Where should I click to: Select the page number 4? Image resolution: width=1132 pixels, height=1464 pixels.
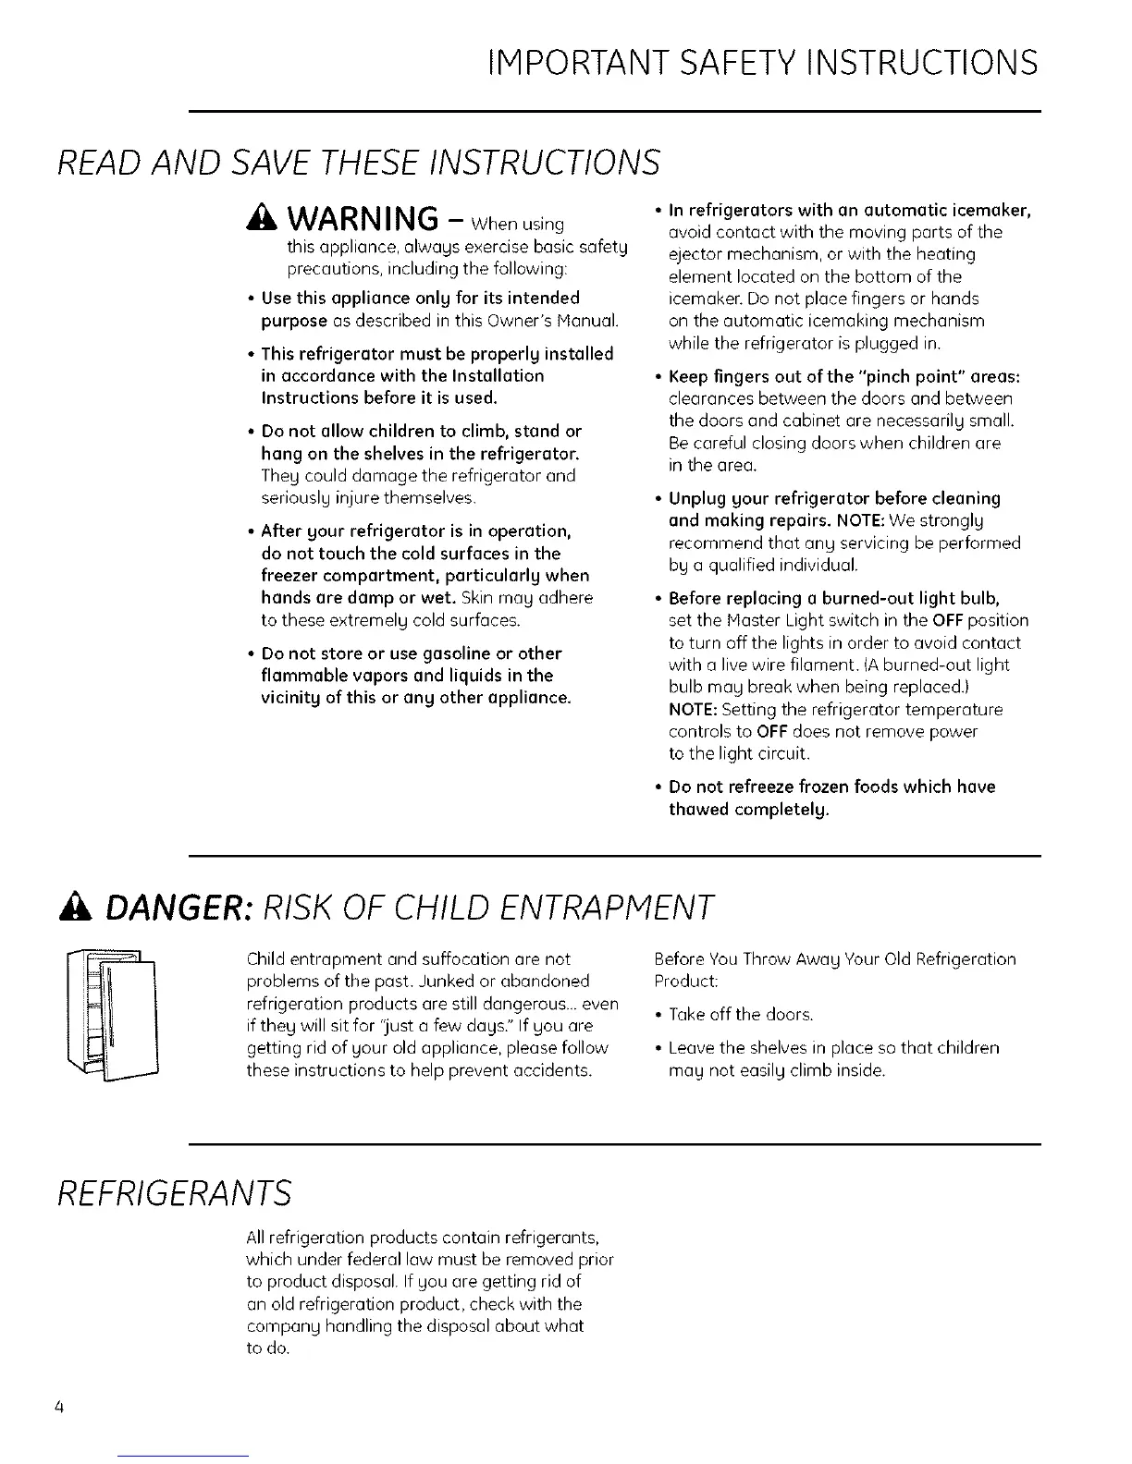point(58,1408)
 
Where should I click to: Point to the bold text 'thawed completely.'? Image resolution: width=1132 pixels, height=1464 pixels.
point(748,810)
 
